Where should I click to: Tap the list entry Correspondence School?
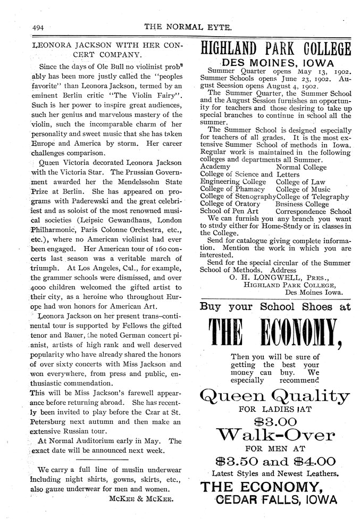313,211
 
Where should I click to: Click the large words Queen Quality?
274,396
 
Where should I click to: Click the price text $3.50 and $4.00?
275,461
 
